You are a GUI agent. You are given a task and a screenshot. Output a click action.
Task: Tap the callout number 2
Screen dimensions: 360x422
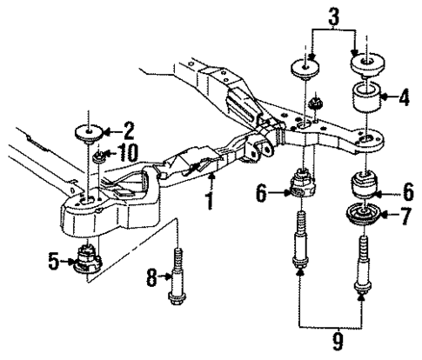(x=128, y=132)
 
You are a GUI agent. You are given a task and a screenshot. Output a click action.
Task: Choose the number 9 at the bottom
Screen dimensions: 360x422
(x=331, y=337)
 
